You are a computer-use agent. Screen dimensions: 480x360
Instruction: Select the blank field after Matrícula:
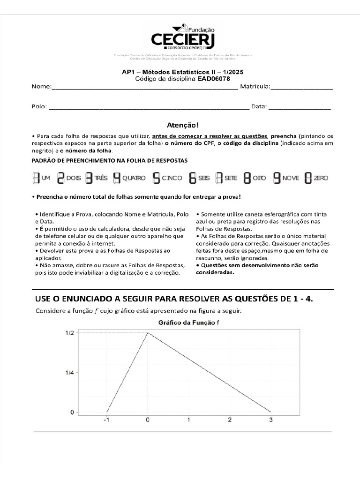[302, 87]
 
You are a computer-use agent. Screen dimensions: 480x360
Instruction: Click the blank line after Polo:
[149, 107]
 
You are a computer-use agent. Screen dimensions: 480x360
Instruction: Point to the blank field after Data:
[300, 107]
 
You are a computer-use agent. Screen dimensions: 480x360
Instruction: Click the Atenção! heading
[183, 125]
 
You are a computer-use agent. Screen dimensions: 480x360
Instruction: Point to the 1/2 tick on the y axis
[69, 333]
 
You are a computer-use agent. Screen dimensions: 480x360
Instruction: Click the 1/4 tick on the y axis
[69, 373]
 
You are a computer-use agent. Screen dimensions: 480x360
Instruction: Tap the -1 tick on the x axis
[106, 420]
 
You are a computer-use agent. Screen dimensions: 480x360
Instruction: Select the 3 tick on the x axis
[271, 420]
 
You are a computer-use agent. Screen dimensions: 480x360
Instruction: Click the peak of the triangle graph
[148, 333]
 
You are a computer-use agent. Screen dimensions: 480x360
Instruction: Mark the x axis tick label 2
[230, 420]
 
